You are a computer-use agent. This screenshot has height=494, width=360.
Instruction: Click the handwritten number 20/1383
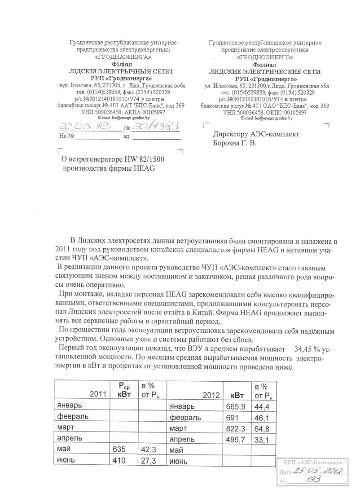[153, 127]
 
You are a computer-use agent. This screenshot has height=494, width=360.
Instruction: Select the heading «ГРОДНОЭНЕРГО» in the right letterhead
[265, 57]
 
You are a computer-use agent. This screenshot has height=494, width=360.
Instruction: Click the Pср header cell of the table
[124, 389]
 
